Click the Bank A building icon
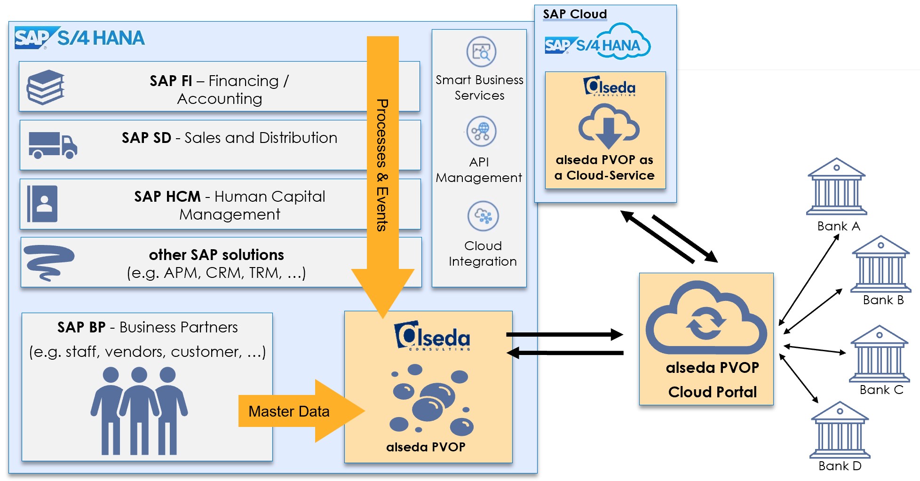tap(836, 187)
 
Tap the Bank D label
tap(840, 466)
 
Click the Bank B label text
tap(883, 300)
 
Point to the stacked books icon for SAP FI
tap(46, 87)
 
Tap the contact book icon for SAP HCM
tap(42, 204)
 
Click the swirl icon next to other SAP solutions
tap(48, 262)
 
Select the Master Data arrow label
tap(289, 411)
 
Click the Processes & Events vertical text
tap(382, 165)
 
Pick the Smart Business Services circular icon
tap(481, 52)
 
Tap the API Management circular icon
tap(481, 132)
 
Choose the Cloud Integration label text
tap(483, 253)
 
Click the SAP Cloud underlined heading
tap(575, 14)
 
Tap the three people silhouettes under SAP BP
tap(139, 411)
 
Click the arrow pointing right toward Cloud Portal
tap(564, 335)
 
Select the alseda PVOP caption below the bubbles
tap(426, 447)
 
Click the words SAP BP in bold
tap(81, 327)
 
